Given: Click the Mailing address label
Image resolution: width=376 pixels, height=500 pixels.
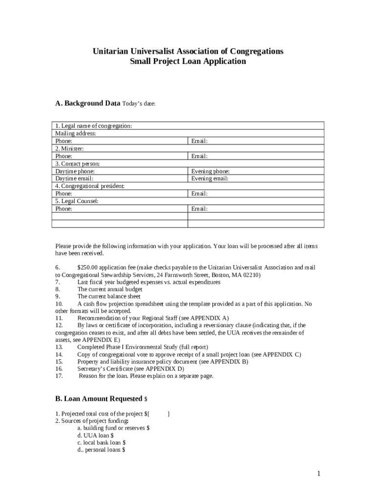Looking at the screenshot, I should pos(76,133).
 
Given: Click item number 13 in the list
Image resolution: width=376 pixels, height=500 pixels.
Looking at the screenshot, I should pos(59,347).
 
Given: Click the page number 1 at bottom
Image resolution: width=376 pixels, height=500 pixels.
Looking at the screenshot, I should pos(318,474).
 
